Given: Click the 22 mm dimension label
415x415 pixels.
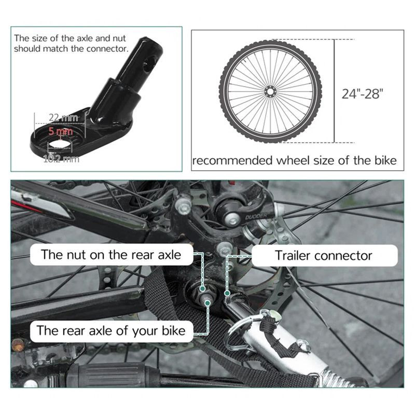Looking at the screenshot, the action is [63, 118].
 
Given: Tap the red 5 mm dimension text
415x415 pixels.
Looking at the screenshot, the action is [60, 131].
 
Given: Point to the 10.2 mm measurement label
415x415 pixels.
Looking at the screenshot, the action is [61, 159].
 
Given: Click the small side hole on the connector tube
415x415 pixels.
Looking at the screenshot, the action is [147, 67].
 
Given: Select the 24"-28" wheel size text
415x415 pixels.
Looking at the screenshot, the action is [362, 94].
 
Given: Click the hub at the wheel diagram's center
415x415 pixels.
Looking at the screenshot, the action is [270, 92].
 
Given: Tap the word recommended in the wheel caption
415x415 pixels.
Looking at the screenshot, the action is [232, 161].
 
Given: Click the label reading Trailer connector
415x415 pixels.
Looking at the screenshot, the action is [323, 256].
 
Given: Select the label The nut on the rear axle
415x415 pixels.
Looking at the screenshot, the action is [111, 255].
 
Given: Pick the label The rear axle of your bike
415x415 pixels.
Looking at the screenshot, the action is [111, 331].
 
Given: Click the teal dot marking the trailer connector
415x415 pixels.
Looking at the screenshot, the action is [227, 293].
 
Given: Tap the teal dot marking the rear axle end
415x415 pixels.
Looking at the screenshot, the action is [208, 303].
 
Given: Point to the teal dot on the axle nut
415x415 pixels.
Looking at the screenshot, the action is [202, 288].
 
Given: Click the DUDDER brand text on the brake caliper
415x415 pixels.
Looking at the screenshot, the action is [256, 216].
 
